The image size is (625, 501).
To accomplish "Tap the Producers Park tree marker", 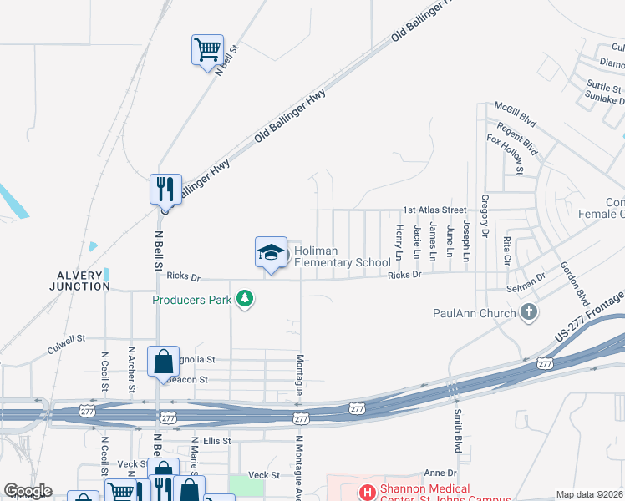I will click(x=245, y=298).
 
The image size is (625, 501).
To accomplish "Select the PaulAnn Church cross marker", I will click(x=527, y=313).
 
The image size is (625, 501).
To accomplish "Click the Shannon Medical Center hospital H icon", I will click(x=367, y=493).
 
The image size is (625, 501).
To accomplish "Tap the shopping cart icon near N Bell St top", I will click(x=206, y=48).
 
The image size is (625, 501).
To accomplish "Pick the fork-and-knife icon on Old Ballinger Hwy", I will click(x=165, y=188).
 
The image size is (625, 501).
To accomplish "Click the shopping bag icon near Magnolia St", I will click(x=163, y=362).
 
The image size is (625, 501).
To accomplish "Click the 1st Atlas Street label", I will click(x=434, y=210).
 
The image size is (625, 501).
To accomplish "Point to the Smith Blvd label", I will click(x=458, y=426).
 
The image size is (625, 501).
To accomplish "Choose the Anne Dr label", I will click(x=440, y=473).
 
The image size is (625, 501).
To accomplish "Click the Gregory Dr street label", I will click(x=485, y=216).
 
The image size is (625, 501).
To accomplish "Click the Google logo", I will click(x=28, y=491).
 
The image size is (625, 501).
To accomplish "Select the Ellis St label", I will click(x=216, y=440).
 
